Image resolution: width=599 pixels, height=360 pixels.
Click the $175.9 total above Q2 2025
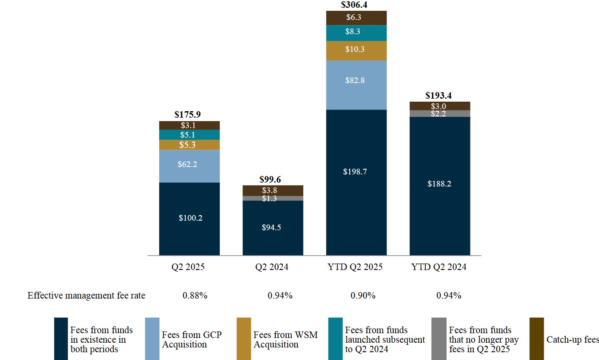187,115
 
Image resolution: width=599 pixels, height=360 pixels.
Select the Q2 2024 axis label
272,267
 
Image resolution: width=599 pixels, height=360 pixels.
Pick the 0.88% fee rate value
195,296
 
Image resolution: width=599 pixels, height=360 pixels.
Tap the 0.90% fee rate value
363,296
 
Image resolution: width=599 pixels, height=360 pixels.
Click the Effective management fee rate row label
87,296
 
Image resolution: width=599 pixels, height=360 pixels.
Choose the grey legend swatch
439,339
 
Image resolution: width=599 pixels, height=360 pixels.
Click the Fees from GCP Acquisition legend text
191,340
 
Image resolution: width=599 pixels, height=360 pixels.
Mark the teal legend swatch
335,339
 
